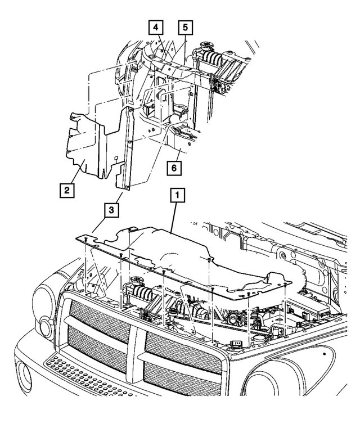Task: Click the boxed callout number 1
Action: [177, 196]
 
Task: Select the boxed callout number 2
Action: [66, 190]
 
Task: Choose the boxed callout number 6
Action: [174, 167]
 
